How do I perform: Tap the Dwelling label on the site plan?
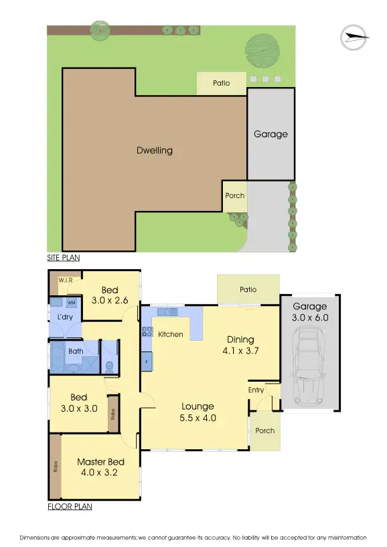(x=155, y=151)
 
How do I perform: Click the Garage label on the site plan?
(x=270, y=134)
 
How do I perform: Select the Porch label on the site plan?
(x=235, y=196)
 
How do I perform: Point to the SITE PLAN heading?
(x=64, y=257)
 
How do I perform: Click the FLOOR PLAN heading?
(x=70, y=507)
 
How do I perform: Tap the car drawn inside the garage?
(x=309, y=372)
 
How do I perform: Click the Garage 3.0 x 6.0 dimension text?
(x=311, y=313)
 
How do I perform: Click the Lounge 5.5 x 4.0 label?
(x=198, y=412)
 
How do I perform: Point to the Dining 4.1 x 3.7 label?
(x=240, y=344)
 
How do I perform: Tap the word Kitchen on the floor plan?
(x=171, y=334)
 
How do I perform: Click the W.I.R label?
(x=66, y=280)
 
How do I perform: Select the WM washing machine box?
(x=72, y=303)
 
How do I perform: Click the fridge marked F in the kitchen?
(x=147, y=362)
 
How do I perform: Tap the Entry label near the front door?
(x=256, y=390)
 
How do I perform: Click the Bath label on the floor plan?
(x=76, y=351)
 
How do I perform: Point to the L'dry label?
(x=65, y=317)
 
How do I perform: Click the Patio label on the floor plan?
(x=248, y=289)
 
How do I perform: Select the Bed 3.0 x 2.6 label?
(x=109, y=295)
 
